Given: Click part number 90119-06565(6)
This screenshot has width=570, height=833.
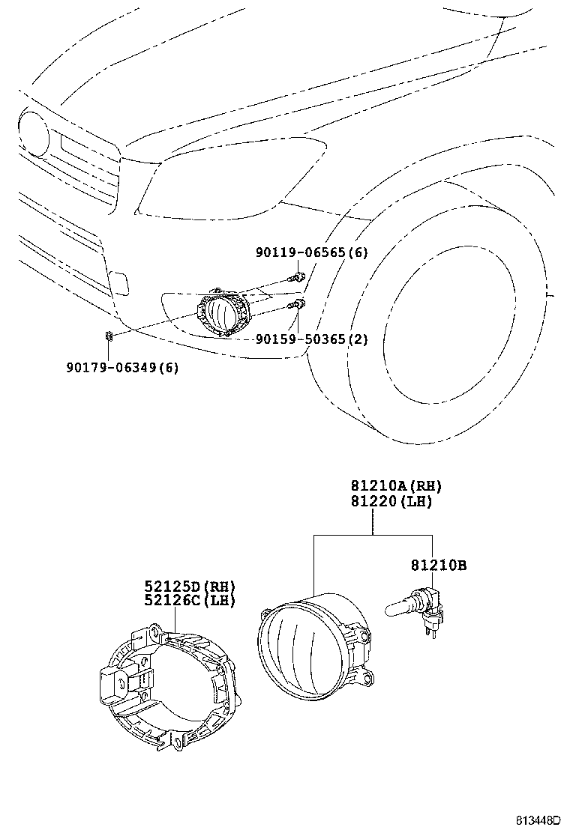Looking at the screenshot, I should (311, 253).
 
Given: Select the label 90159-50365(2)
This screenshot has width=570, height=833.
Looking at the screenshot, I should (311, 339).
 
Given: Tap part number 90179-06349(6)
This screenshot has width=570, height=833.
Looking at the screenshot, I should (122, 367).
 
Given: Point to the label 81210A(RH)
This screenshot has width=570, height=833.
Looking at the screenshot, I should (391, 485).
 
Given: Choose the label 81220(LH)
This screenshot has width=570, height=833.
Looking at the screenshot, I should (391, 501).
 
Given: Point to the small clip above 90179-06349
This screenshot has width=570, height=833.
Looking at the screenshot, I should (109, 337).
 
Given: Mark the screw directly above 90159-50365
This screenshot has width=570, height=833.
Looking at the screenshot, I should (298, 303).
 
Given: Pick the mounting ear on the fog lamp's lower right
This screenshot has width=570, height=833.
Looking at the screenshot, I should (365, 679).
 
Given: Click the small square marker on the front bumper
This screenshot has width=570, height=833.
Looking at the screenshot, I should (118, 283).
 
